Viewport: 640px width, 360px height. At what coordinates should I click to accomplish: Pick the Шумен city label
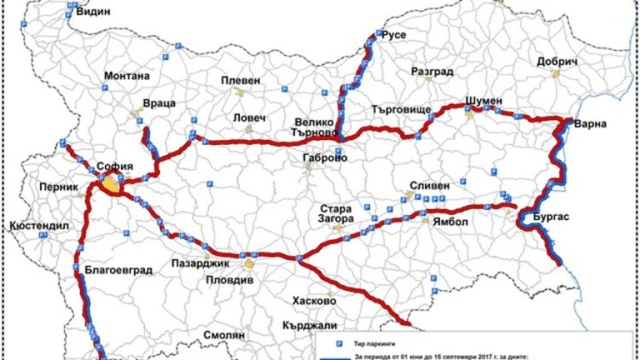tap(484, 100)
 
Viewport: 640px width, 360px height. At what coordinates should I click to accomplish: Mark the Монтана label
tap(126, 75)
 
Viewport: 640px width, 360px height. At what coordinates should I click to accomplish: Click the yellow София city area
tap(110, 184)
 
